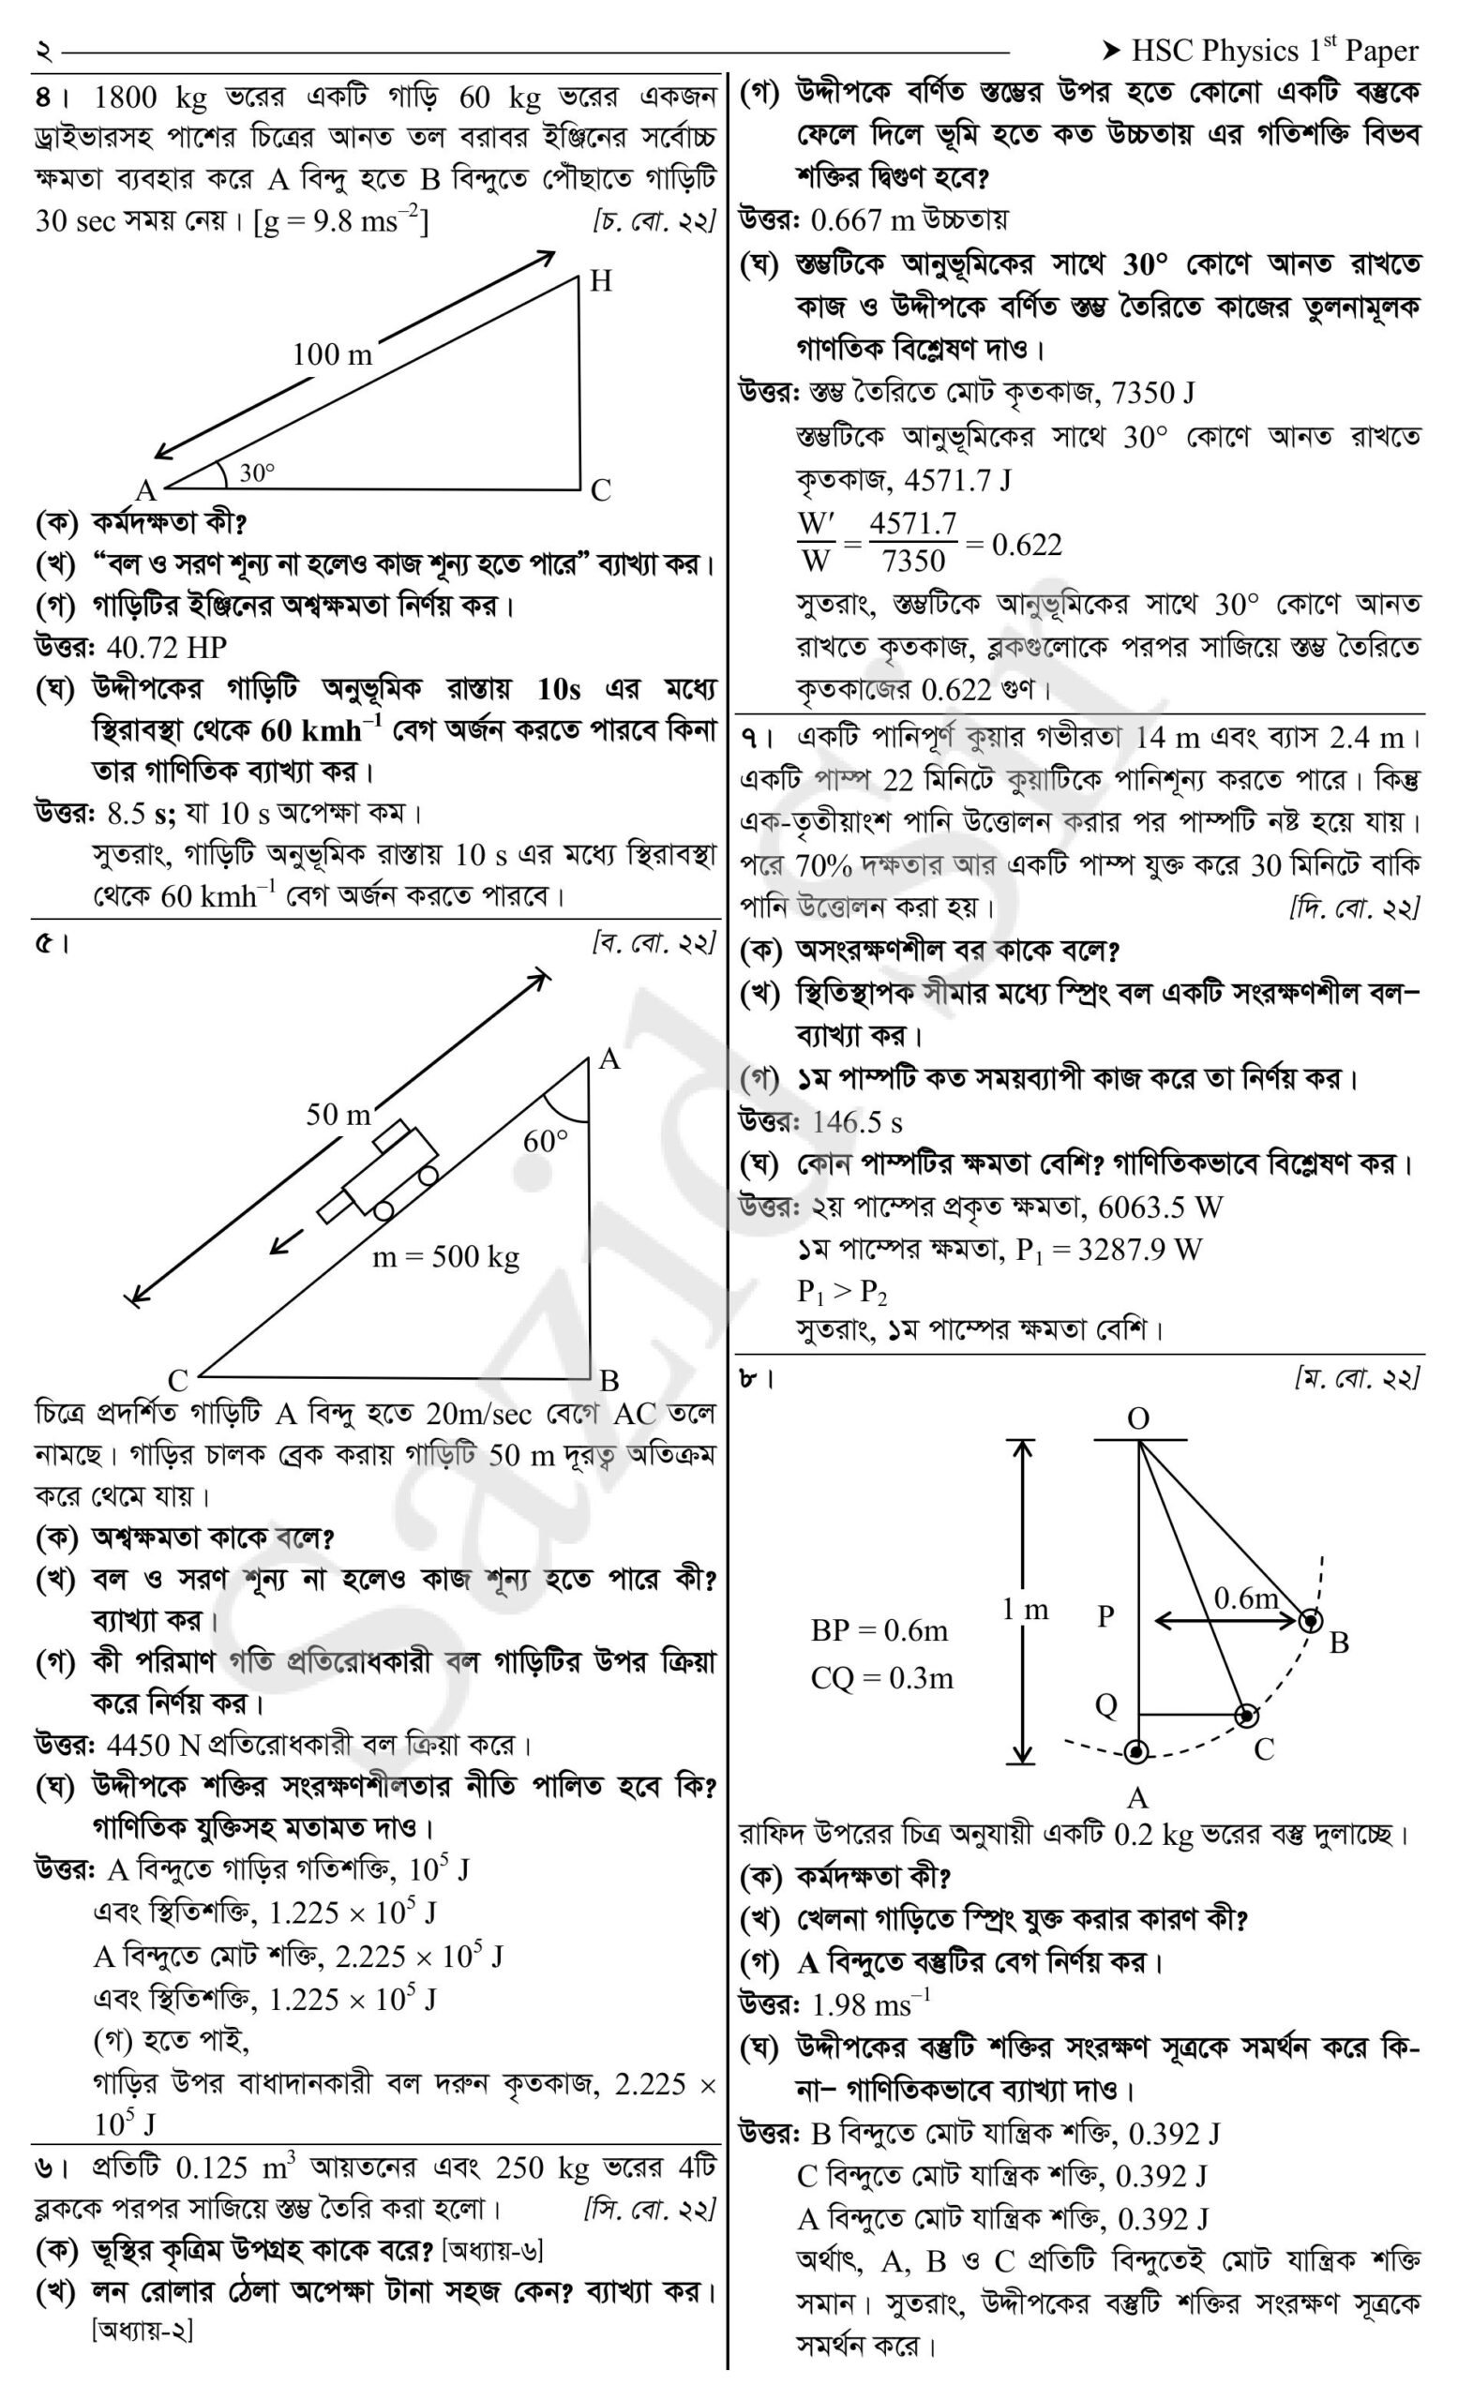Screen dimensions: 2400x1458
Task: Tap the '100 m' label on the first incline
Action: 332,354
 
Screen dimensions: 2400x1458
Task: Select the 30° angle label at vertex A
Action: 258,473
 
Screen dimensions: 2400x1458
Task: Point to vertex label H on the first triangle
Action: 601,281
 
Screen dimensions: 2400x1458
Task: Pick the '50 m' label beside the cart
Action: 338,1115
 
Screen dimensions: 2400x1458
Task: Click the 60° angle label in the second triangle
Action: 546,1141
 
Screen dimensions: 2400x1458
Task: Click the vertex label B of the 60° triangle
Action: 609,1380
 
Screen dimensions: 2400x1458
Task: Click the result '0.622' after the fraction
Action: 1027,546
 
